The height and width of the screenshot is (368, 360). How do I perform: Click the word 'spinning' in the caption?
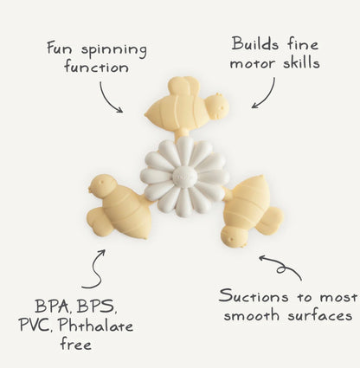tap(114, 50)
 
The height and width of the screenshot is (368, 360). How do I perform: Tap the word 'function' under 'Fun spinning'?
tap(97, 67)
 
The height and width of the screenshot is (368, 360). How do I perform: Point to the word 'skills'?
tap(301, 62)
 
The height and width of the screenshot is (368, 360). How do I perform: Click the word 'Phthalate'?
tap(96, 326)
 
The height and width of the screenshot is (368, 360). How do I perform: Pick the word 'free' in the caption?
tap(76, 344)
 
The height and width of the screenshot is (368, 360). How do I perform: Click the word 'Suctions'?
tap(254, 296)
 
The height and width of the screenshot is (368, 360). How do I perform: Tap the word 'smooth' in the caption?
tap(252, 315)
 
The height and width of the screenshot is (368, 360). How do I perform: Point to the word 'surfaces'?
tap(320, 315)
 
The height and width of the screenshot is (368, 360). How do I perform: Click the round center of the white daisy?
tap(184, 176)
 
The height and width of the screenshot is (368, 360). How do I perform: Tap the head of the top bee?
tap(217, 107)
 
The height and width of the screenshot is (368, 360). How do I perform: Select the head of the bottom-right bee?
tap(234, 236)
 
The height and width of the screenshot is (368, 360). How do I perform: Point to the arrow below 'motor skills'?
tap(267, 96)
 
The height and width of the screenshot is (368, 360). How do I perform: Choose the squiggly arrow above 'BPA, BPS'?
tap(97, 269)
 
